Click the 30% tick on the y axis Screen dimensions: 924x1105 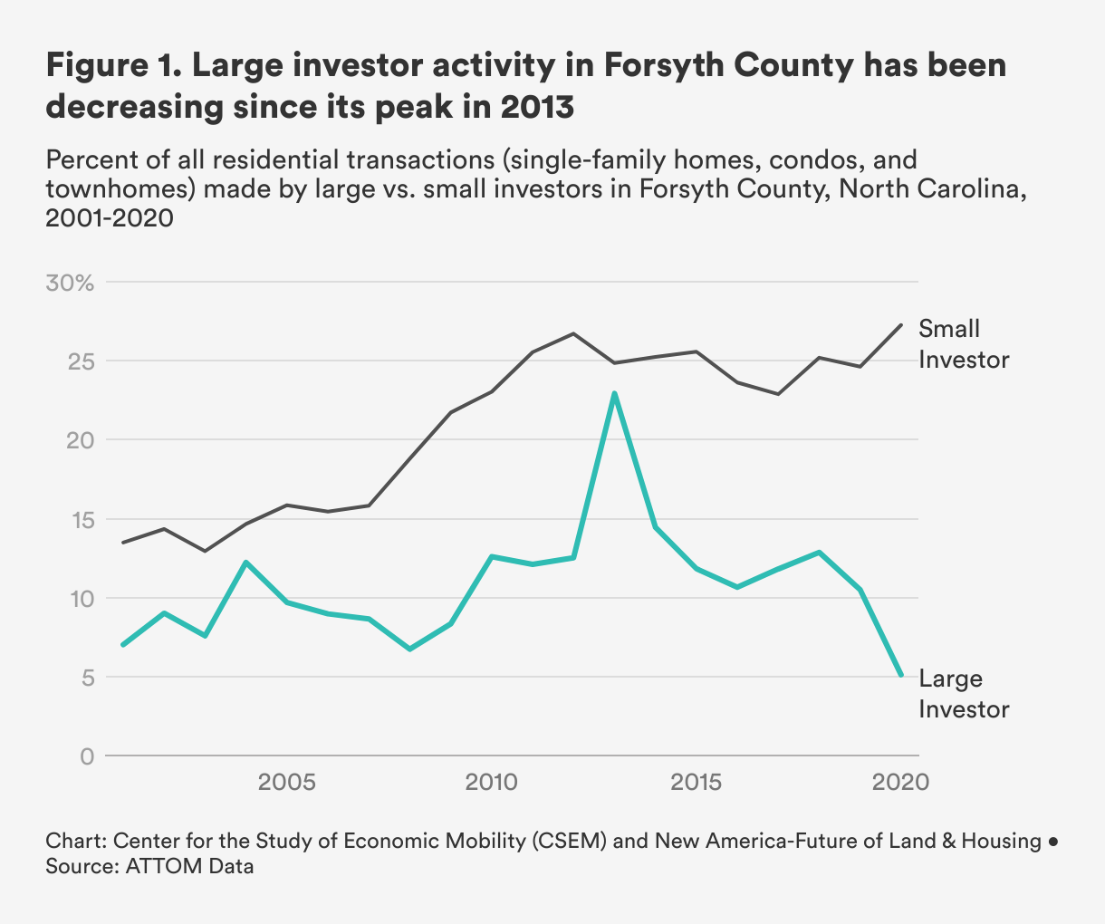(x=69, y=283)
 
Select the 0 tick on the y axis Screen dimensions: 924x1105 (x=87, y=756)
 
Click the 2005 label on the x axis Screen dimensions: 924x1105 (x=287, y=782)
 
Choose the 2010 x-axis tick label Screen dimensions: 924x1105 (x=491, y=782)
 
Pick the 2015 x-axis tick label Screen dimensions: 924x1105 (x=696, y=782)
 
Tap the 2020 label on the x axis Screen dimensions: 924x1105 (x=900, y=782)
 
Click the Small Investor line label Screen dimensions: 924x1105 (x=963, y=344)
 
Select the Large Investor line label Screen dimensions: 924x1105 (x=963, y=694)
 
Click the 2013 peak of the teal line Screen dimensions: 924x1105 (x=614, y=393)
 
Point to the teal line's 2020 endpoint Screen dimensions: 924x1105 (x=900, y=675)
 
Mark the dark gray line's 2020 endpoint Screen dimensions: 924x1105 (x=900, y=324)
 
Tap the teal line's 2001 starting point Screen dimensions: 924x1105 (x=122, y=644)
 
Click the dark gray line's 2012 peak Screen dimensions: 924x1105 (x=573, y=333)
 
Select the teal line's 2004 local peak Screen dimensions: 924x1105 (x=245, y=563)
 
